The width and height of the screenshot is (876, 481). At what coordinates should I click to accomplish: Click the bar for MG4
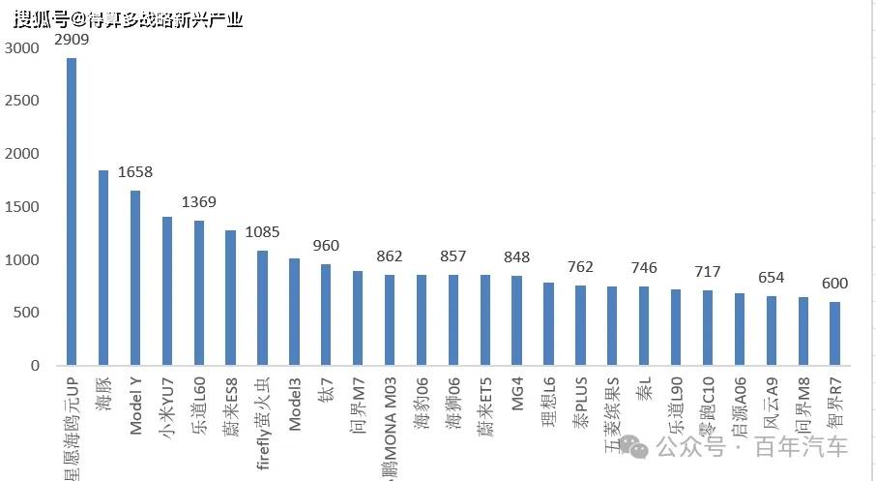click(516, 320)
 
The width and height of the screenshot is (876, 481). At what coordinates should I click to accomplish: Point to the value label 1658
click(135, 172)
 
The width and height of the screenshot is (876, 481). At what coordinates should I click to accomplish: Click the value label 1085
click(262, 232)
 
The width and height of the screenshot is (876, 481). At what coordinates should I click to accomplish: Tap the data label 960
click(326, 246)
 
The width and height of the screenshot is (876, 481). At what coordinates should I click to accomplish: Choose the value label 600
click(835, 283)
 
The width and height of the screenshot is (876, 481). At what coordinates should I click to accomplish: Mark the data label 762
click(580, 267)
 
